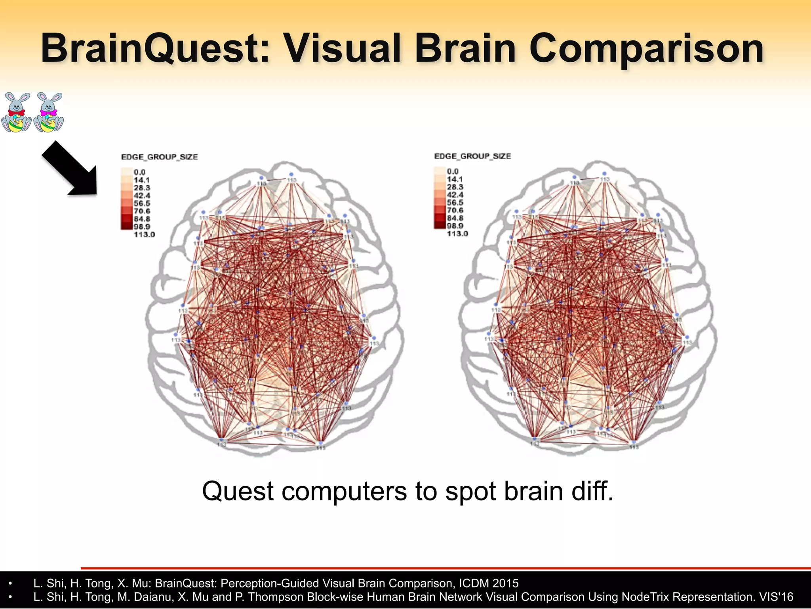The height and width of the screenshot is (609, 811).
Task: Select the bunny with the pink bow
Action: coord(49,112)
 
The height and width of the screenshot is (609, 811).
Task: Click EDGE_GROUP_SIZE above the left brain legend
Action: coord(159,157)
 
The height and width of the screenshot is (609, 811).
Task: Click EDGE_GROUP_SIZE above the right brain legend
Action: coord(472,156)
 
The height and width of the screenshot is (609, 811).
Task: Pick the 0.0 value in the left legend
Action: coord(139,172)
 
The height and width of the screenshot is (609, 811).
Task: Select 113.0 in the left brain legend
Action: coord(144,234)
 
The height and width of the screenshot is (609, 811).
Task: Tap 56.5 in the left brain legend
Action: coord(142,203)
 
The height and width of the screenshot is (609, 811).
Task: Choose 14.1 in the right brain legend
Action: coord(455,179)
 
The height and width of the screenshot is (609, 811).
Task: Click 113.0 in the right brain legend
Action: coord(457,234)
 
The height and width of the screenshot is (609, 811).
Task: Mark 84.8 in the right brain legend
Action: coord(455,218)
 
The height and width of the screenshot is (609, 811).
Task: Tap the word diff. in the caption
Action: coord(592,491)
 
